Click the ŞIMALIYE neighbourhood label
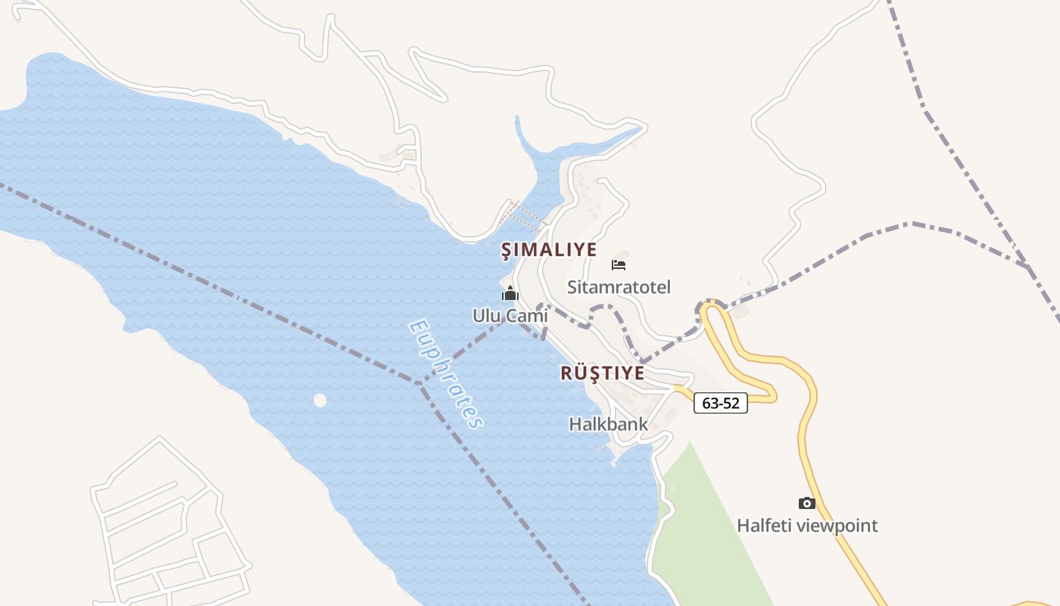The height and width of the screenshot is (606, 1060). [x=549, y=250]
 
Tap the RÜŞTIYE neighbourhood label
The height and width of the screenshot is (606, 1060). [x=603, y=373]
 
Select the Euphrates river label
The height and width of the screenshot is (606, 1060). [x=445, y=374]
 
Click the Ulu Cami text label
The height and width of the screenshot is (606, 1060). [x=510, y=315]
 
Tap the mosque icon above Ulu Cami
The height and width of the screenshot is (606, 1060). [x=510, y=294]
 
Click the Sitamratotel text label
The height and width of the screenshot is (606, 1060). [x=619, y=287]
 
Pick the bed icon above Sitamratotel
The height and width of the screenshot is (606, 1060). [x=619, y=265]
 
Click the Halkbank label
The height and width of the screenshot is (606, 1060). [x=608, y=424]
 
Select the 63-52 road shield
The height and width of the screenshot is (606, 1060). [x=720, y=404]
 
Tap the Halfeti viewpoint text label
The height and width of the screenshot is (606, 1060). [x=807, y=525]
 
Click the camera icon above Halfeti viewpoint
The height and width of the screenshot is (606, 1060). [x=807, y=503]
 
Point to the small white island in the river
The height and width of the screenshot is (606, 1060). [x=320, y=399]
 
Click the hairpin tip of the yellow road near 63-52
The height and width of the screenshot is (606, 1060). [x=772, y=392]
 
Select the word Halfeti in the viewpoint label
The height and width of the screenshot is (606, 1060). [x=763, y=525]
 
